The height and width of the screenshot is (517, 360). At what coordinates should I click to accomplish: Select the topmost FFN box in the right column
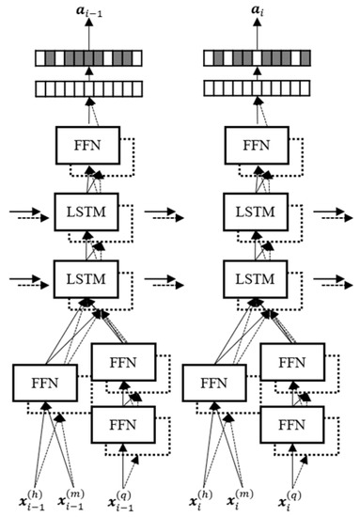pos(258,148)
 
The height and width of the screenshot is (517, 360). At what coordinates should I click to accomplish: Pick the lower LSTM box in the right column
pos(258,278)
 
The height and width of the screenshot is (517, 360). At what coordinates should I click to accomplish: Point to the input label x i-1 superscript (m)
pos(73,495)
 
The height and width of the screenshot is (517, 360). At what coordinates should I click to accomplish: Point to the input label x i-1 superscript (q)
pos(124,495)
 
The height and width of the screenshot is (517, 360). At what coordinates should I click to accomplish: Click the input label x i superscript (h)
pos(199,495)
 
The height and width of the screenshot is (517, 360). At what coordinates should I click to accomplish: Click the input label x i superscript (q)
pos(293,495)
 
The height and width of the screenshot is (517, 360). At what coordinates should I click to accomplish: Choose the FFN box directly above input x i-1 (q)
pos(124,424)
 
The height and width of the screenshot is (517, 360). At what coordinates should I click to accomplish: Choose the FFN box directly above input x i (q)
pos(291,424)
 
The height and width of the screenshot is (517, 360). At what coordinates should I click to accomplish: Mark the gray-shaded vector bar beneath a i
pos(258,59)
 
